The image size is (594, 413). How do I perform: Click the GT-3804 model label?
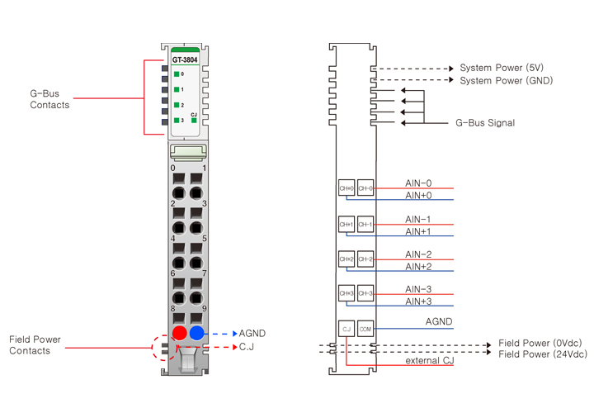[x=185, y=59]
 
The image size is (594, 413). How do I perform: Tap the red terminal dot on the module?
[x=179, y=333]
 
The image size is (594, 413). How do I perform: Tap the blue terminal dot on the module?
[x=196, y=333]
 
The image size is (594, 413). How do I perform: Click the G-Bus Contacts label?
[x=49, y=99]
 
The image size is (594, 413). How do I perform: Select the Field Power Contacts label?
[x=35, y=345]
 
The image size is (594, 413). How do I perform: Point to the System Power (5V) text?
[x=502, y=68]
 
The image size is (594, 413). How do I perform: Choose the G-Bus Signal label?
[x=485, y=123]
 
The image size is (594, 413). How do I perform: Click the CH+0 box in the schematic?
[x=346, y=188]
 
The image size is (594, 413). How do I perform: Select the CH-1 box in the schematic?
[x=365, y=224]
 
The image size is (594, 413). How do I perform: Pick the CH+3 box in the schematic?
[x=346, y=293]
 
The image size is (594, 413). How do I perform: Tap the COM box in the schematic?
[x=365, y=329]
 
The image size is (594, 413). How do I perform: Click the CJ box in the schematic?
[x=346, y=329]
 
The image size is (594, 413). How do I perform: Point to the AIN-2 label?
[x=418, y=254]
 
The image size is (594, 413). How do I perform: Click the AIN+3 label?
[x=418, y=301]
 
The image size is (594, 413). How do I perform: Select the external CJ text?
[x=427, y=361]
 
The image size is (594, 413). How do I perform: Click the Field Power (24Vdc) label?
[x=543, y=354]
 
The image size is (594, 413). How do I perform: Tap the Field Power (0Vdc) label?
[x=541, y=343]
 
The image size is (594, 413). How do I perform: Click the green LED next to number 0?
[x=177, y=74]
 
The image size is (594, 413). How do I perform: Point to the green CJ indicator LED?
[x=194, y=121]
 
